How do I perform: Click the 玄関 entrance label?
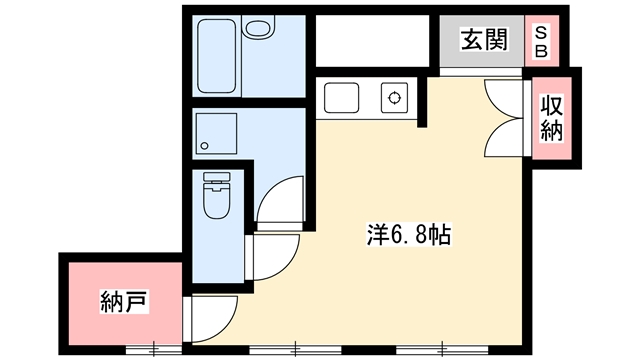(x=484, y=40)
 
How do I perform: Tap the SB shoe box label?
(x=541, y=41)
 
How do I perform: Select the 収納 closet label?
(x=552, y=118)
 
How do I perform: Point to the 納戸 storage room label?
(x=124, y=301)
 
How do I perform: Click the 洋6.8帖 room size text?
(x=409, y=235)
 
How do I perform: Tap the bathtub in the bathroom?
(x=216, y=56)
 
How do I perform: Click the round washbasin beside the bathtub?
(x=258, y=28)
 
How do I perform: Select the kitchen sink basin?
(x=342, y=98)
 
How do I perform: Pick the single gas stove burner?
(x=394, y=98)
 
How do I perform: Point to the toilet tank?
(x=217, y=178)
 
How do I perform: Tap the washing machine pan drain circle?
(x=204, y=146)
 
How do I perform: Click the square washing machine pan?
(x=216, y=133)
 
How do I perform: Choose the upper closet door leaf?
(x=503, y=99)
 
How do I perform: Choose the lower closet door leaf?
(x=503, y=137)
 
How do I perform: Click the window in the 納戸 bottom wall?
(x=154, y=349)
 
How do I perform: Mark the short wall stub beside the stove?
(x=422, y=102)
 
